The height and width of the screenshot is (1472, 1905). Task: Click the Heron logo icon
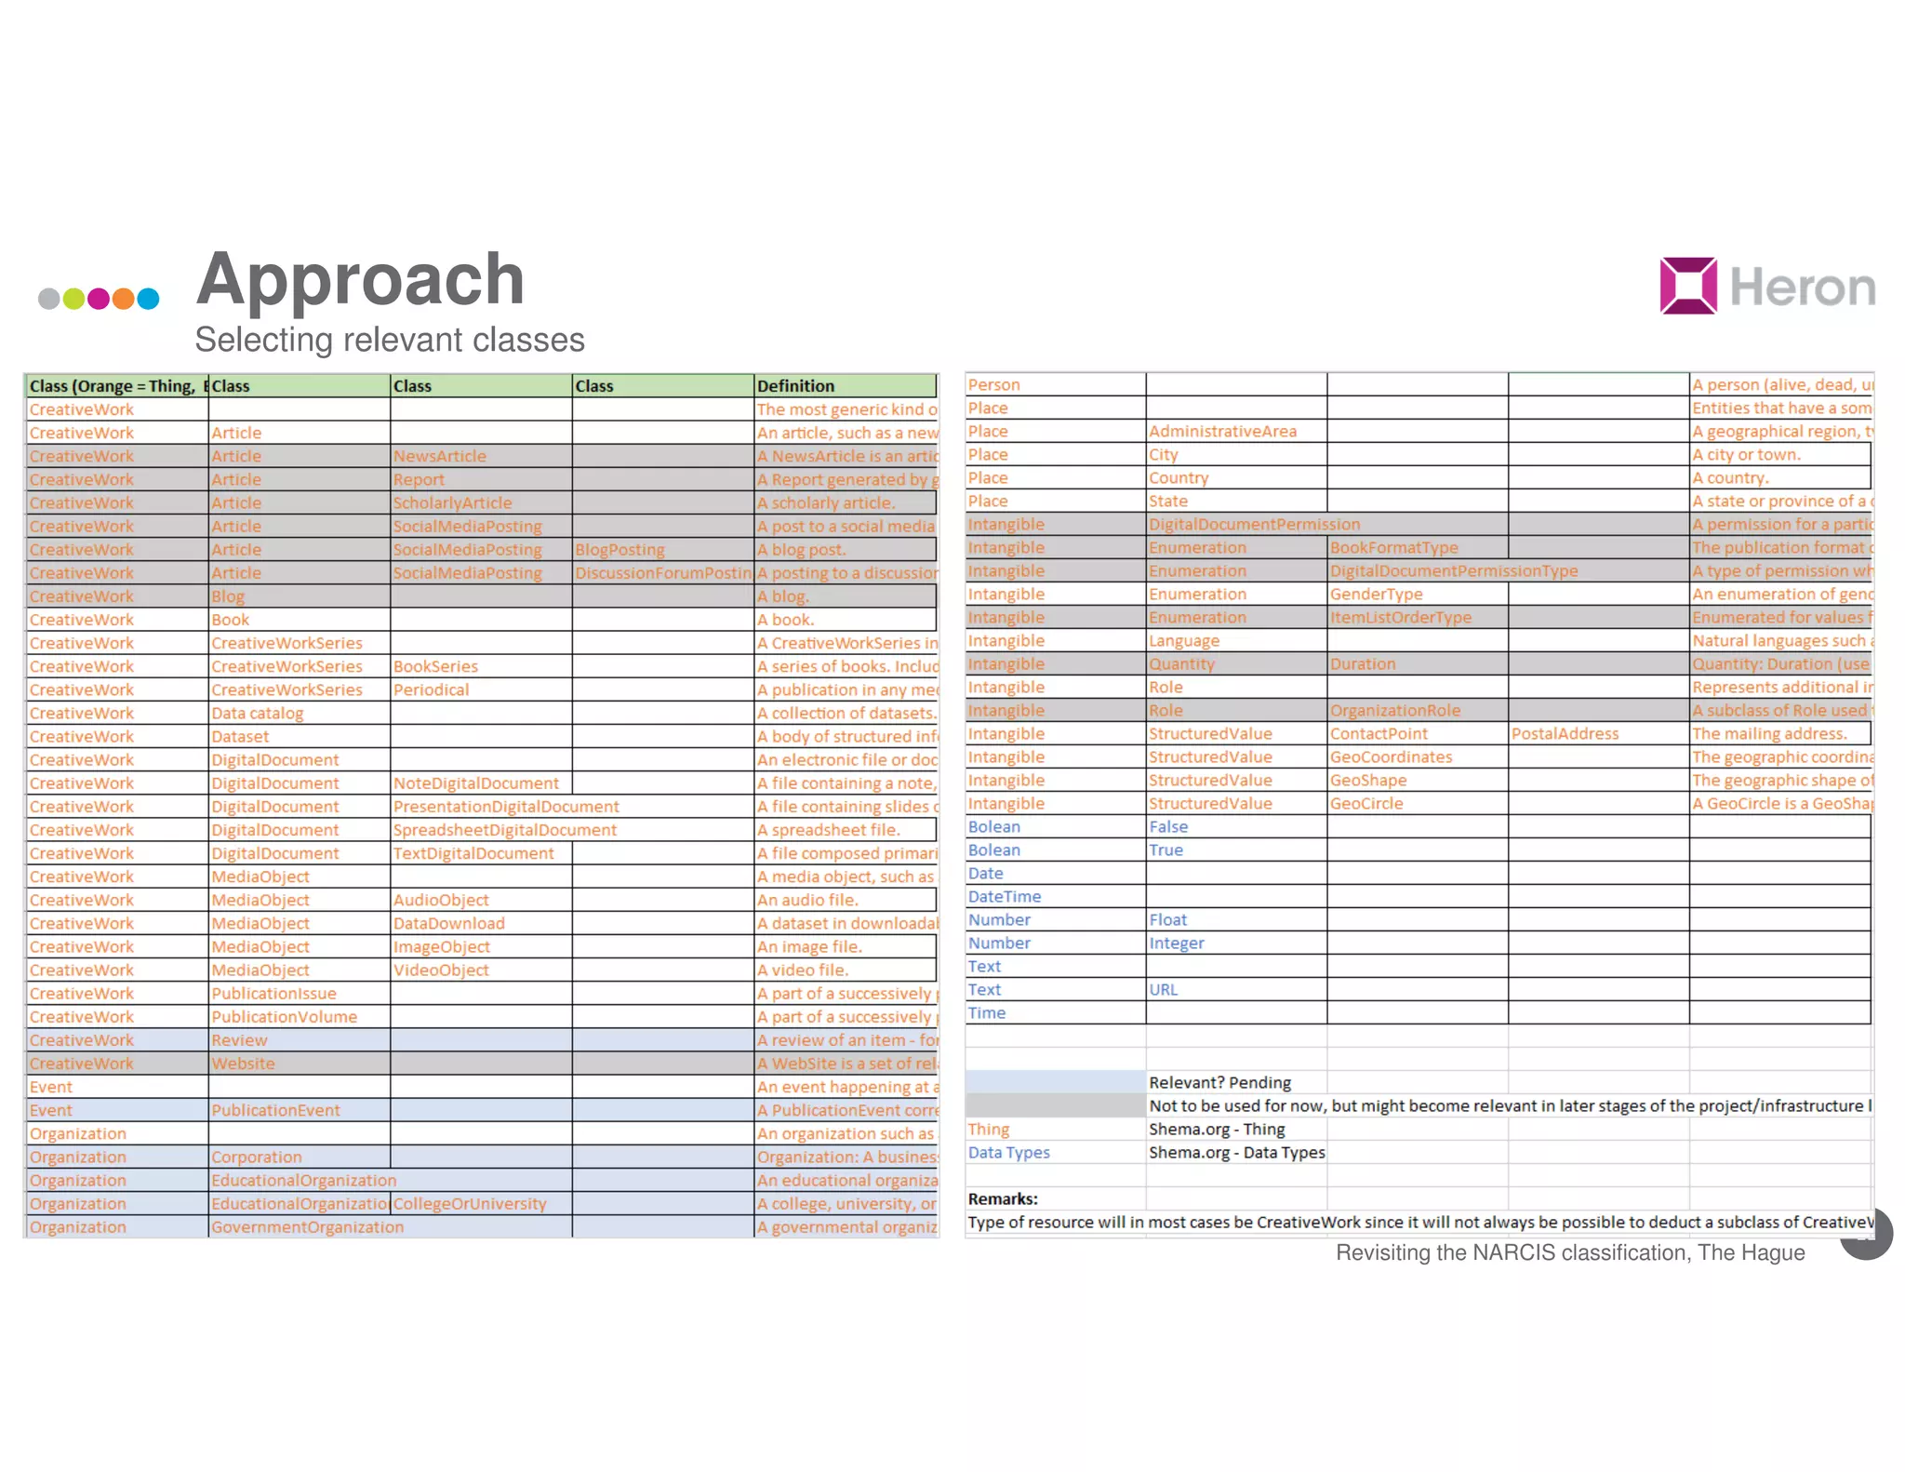(x=1688, y=286)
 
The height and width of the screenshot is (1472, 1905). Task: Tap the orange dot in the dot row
(x=124, y=299)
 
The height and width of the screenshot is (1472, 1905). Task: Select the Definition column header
(x=795, y=386)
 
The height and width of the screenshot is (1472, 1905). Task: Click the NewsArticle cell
(x=439, y=456)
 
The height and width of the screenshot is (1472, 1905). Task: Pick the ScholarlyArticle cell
(x=452, y=502)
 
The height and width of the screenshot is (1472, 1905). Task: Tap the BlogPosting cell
(x=619, y=550)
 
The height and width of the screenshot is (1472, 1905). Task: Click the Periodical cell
(x=431, y=689)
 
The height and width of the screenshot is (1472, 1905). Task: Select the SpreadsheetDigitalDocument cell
(x=504, y=830)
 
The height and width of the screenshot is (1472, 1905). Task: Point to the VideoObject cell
(x=441, y=970)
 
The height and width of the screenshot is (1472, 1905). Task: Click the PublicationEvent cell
(x=275, y=1110)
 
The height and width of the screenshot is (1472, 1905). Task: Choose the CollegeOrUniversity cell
(x=470, y=1203)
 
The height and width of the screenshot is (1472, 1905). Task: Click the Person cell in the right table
(x=993, y=384)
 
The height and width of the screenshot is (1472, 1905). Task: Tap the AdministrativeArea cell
(x=1222, y=431)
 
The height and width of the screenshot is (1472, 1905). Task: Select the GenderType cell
(x=1376, y=594)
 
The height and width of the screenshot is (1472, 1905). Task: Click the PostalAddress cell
(x=1565, y=733)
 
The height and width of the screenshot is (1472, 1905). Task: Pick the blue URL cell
(x=1163, y=990)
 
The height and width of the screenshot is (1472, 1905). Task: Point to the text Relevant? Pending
(x=1219, y=1082)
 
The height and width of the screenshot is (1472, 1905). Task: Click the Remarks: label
(x=1003, y=1198)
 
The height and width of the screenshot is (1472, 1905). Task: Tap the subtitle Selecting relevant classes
(x=390, y=340)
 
